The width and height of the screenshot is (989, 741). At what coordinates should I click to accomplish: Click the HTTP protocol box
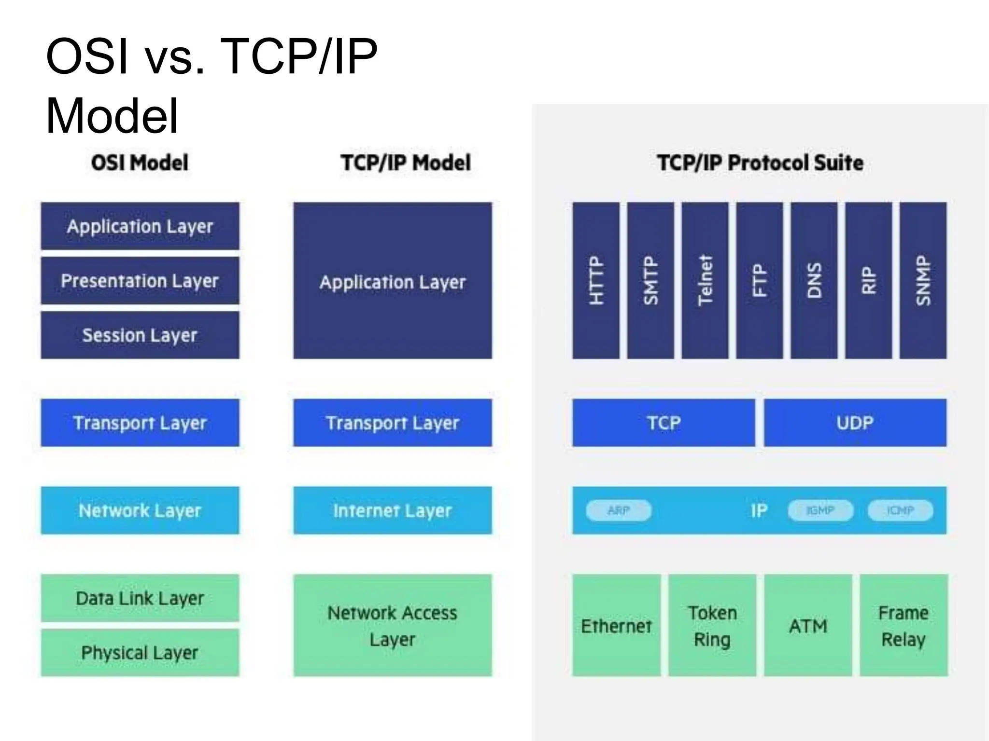point(596,280)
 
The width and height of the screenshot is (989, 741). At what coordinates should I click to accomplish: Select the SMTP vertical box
point(650,280)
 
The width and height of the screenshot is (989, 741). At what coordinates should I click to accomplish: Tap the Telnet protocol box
point(705,280)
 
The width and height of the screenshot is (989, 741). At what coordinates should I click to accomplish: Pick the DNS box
point(814,280)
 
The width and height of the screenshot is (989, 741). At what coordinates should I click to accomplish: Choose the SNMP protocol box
point(923,280)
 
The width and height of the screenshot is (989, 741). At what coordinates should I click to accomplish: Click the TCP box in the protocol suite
point(664,423)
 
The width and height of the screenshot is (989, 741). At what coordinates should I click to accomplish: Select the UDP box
point(855,423)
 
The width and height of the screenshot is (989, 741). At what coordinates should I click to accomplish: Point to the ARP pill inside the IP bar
point(619,510)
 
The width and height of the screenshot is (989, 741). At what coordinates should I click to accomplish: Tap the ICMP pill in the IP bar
point(900,510)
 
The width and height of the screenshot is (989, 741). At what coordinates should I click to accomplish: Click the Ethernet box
point(616,626)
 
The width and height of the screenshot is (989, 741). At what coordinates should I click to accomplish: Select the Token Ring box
point(712,626)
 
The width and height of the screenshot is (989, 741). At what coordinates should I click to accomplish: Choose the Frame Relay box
point(904,626)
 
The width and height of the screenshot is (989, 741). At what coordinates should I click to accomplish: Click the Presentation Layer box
point(140,281)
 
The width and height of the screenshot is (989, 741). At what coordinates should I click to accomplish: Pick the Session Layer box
point(140,335)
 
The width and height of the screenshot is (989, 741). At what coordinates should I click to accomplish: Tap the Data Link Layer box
point(140,598)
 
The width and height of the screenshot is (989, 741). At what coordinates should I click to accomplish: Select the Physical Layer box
point(140,653)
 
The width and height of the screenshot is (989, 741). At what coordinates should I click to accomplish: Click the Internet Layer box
point(393,510)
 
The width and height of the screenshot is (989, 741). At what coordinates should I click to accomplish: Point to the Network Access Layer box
point(393,626)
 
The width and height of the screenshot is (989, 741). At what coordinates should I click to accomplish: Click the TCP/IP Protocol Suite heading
point(760,163)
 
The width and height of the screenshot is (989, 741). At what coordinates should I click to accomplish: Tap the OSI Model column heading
point(140,163)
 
